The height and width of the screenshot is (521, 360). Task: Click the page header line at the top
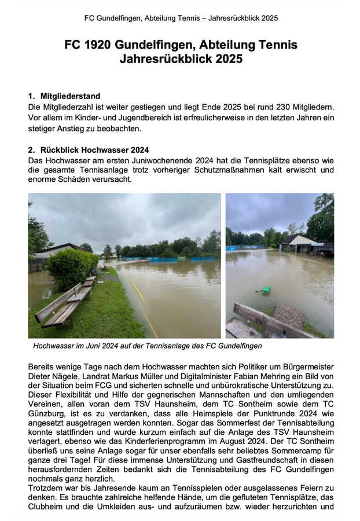tap(181, 18)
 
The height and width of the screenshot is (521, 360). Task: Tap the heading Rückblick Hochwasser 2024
tap(95, 149)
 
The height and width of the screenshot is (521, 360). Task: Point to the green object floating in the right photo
tap(265, 290)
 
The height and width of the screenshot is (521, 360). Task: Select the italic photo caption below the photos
tap(148, 346)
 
